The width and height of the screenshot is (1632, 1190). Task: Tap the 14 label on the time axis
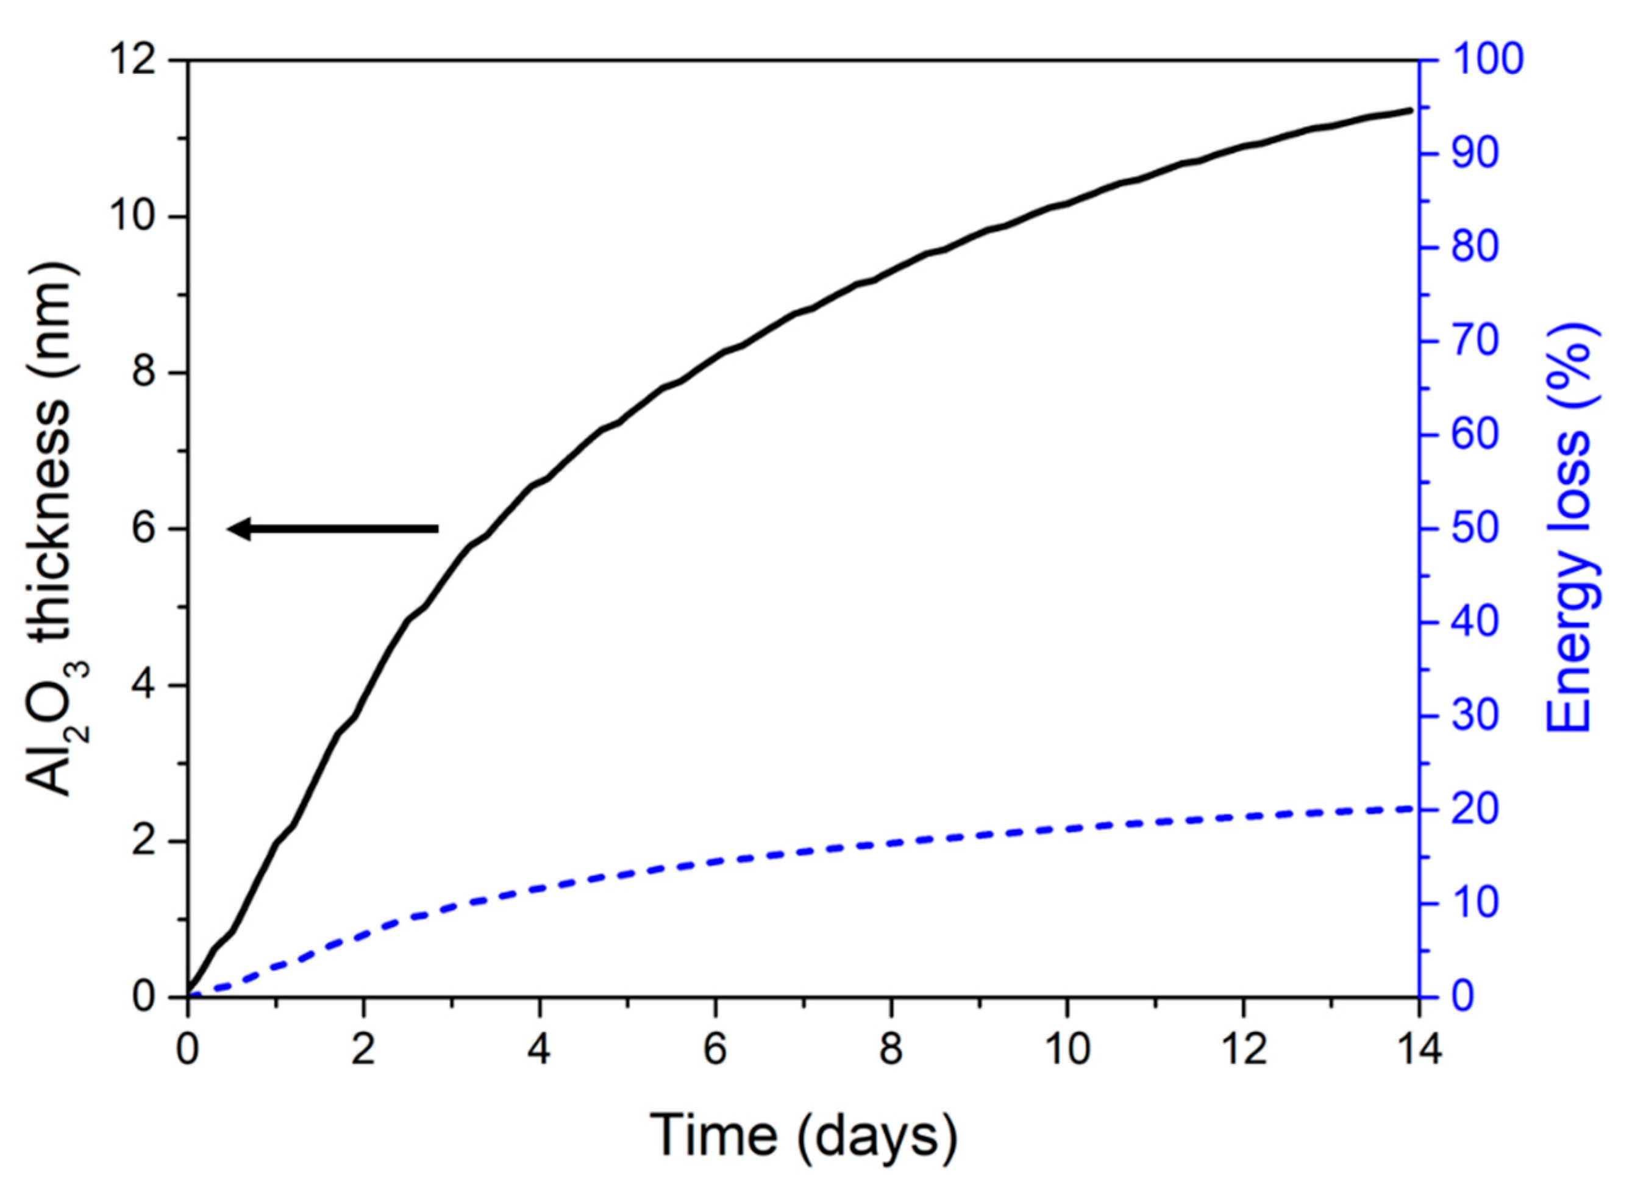[x=1418, y=1051]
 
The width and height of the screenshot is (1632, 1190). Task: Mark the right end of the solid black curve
[x=1411, y=110]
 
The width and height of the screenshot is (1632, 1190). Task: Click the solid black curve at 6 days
[x=715, y=357]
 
